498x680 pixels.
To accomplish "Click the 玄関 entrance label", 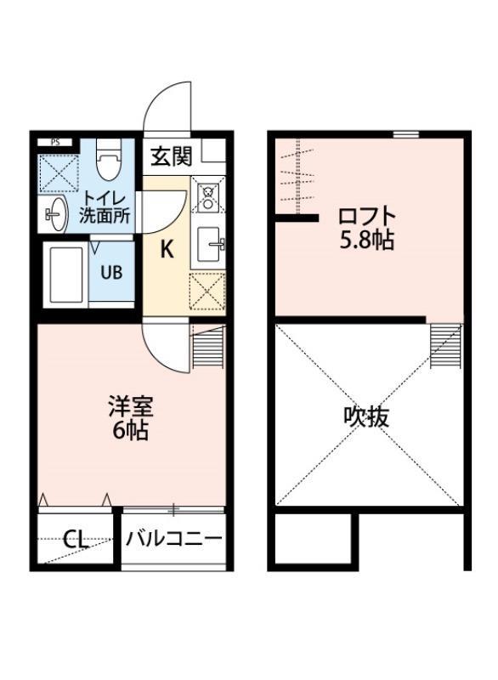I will click(x=171, y=156).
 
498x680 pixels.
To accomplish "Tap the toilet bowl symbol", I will click(x=108, y=161).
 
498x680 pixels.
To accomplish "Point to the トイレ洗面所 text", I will click(x=104, y=207).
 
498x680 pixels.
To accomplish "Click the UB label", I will click(x=111, y=273).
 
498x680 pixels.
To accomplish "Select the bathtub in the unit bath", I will click(x=65, y=275).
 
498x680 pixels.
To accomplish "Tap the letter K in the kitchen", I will click(x=167, y=249).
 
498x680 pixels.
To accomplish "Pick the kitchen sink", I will click(x=208, y=245).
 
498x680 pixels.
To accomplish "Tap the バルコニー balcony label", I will click(x=174, y=539).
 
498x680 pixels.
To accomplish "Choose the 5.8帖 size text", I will click(x=366, y=241).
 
